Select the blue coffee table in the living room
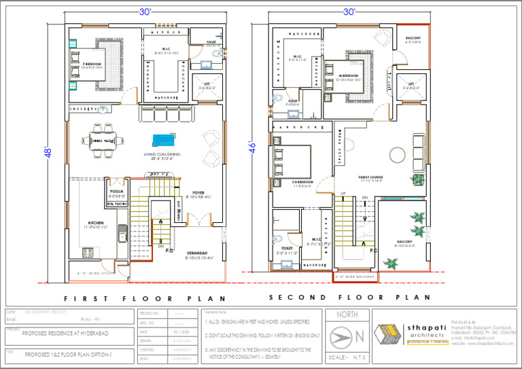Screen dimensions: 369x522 [164, 140]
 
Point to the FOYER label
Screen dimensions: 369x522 [198, 192]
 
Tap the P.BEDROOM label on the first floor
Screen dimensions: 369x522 [91, 65]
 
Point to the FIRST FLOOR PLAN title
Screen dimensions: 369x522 [137, 298]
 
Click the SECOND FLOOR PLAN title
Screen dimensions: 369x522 [349, 298]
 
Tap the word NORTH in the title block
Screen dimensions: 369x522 [347, 315]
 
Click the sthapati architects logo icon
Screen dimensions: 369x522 [389, 334]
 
